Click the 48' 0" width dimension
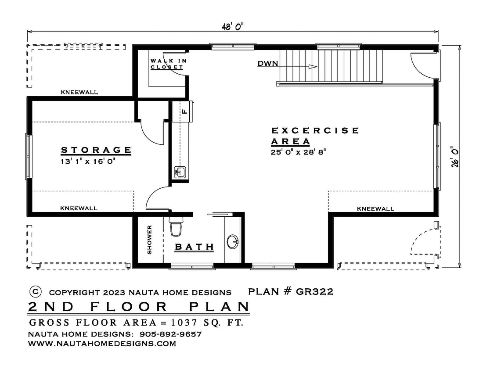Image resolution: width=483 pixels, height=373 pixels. pos(233,27)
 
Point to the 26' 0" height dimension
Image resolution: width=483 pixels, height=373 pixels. pos(455,157)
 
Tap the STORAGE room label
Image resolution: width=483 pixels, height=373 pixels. pos(96,150)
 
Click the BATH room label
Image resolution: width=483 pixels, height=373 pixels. pos(195,247)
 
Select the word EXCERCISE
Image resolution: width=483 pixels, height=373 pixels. pos(315,130)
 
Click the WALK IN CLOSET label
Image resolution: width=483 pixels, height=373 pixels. pos(169,64)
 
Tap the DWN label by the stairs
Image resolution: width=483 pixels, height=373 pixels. pos(268,63)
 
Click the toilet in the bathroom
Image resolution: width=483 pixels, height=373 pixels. pos(176,226)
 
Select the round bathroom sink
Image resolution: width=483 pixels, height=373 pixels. pos(233,242)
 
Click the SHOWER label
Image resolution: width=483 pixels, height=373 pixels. pos(149,240)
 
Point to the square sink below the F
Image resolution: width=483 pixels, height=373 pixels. pos(180,172)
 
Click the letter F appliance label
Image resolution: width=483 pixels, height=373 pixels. pos(184,111)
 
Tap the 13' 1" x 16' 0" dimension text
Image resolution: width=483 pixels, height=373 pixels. pos(88,161)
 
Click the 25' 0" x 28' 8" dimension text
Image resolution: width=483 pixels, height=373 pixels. pos(298,152)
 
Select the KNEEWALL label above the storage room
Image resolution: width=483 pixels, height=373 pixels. pos(79,92)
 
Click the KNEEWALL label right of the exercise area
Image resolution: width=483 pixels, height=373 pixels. pos(375,208)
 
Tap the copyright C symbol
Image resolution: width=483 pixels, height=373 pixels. pos(36,291)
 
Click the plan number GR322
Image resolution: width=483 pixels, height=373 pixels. pos(314,291)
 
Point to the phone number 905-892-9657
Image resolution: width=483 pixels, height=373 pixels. pos(171,334)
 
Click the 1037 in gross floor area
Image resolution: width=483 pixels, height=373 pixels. pos(184,323)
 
